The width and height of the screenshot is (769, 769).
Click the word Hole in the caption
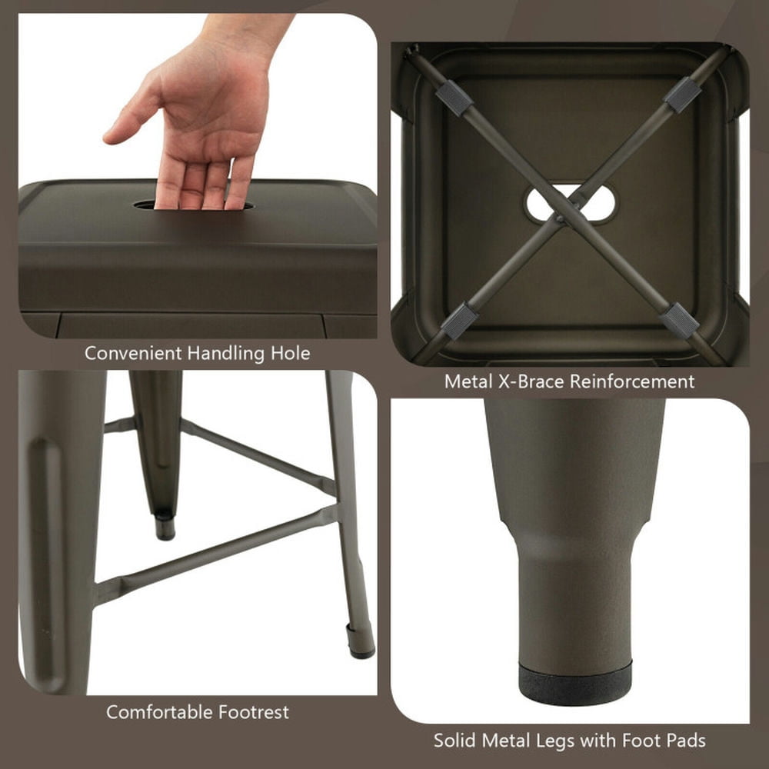[x=291, y=354]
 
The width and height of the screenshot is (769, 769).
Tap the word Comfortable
[x=158, y=712]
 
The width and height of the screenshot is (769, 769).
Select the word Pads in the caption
[x=683, y=741]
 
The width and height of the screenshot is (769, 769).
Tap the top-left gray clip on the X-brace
[x=454, y=98]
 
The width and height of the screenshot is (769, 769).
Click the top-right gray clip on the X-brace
[x=682, y=95]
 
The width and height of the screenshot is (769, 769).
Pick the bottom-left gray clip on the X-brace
[x=459, y=320]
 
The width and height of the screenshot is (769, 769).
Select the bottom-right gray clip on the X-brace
[x=680, y=320]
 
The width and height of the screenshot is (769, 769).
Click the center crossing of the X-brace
[x=561, y=218]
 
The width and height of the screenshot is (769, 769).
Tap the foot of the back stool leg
[x=165, y=529]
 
